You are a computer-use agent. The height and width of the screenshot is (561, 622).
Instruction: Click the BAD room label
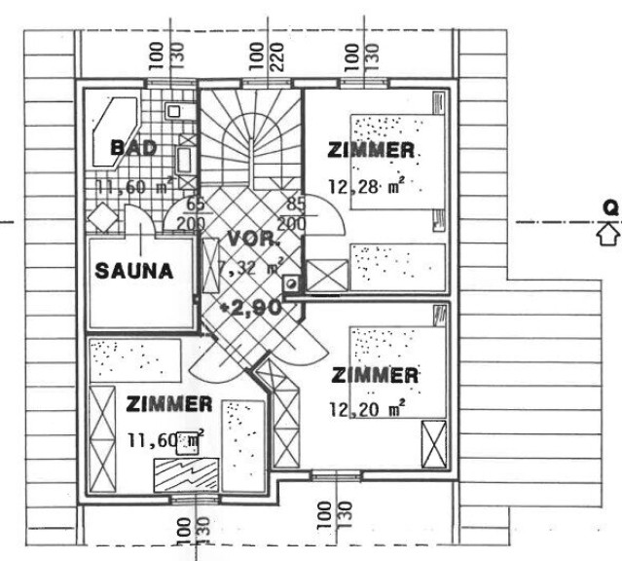pyautogui.click(x=133, y=148)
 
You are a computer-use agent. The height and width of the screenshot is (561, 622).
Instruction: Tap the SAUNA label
pyautogui.click(x=134, y=271)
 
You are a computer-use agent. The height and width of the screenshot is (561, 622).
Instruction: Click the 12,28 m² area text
pyautogui.click(x=367, y=186)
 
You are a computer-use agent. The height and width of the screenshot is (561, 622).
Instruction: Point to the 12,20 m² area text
pyautogui.click(x=367, y=409)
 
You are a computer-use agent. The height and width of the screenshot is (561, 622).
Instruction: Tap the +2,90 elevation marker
pyautogui.click(x=252, y=308)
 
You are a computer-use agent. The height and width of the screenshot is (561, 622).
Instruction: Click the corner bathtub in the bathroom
pyautogui.click(x=115, y=132)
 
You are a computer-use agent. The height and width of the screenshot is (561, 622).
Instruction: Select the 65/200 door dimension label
pyautogui.click(x=191, y=215)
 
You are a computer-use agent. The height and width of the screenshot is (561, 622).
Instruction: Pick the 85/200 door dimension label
pyautogui.click(x=293, y=215)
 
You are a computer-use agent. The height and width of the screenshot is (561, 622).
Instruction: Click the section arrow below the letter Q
pyautogui.click(x=608, y=236)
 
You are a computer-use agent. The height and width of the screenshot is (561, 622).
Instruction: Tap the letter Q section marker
pyautogui.click(x=610, y=207)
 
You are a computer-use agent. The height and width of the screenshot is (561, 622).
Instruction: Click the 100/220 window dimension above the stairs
pyautogui.click(x=266, y=56)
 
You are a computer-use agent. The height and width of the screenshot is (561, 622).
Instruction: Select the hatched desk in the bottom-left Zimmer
pyautogui.click(x=186, y=475)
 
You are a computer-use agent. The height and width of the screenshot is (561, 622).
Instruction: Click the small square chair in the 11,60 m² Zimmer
pyautogui.click(x=187, y=443)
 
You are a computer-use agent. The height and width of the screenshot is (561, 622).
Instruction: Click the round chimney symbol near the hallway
pyautogui.click(x=292, y=283)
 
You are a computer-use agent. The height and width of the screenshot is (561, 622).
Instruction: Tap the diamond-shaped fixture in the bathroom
pyautogui.click(x=103, y=217)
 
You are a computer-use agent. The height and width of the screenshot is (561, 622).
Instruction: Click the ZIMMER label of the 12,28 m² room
pyautogui.click(x=371, y=150)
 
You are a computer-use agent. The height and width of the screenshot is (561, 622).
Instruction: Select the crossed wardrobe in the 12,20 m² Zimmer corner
pyautogui.click(x=433, y=444)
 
